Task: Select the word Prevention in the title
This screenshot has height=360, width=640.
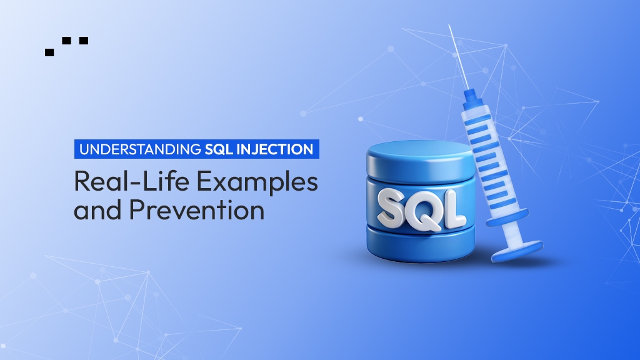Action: [x=197, y=210]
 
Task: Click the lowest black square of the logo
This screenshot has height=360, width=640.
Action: [x=49, y=52]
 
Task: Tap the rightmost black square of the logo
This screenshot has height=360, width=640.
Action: [x=84, y=41]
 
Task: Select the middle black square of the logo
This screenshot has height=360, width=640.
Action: [x=67, y=41]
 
